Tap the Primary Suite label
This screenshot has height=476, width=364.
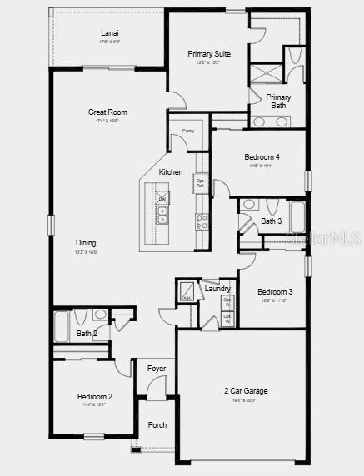click(x=209, y=54)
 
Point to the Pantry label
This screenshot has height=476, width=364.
click(x=188, y=131)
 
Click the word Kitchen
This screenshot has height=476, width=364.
click(x=171, y=172)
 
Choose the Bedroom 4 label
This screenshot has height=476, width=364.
click(x=262, y=157)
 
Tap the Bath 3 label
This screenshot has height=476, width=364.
click(x=271, y=221)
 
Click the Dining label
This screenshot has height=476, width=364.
click(x=87, y=242)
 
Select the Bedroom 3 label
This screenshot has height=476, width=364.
click(x=274, y=291)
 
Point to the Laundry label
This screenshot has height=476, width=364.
click(x=217, y=289)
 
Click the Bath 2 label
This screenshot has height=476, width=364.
click(x=87, y=334)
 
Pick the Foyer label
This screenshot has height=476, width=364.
click(x=157, y=368)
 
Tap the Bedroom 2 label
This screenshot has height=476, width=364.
click(x=95, y=397)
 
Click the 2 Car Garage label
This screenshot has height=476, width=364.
click(x=245, y=390)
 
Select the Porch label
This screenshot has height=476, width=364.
click(x=157, y=425)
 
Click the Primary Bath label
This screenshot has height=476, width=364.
click(x=278, y=102)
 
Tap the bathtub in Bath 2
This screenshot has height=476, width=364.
click(x=62, y=327)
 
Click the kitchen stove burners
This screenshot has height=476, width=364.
click(x=202, y=221)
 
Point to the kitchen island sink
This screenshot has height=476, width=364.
click(x=163, y=215)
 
